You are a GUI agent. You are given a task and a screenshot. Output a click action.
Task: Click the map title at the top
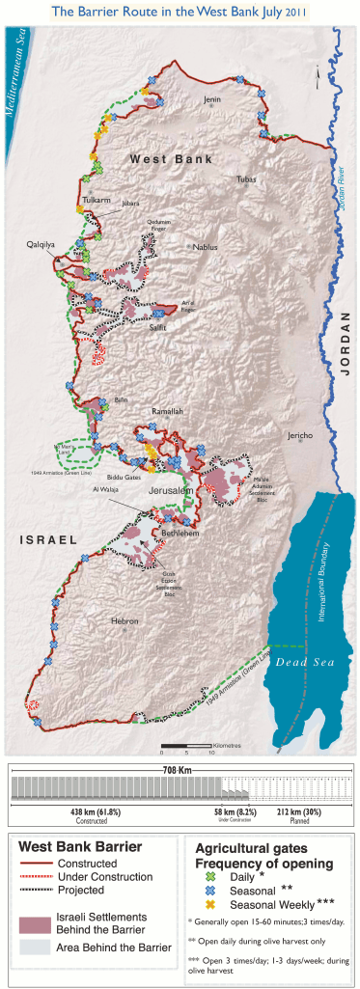coord(180,12)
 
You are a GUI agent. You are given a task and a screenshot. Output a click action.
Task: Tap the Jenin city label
coord(211,99)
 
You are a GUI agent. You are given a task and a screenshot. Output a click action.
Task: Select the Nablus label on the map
coord(206,247)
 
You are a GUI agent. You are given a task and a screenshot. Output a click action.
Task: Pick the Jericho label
coord(299,435)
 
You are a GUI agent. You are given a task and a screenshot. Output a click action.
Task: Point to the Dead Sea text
coord(299,662)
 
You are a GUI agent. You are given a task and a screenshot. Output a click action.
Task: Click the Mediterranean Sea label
coord(16,72)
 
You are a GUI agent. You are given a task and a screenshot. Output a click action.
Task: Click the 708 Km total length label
coord(180,744)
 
